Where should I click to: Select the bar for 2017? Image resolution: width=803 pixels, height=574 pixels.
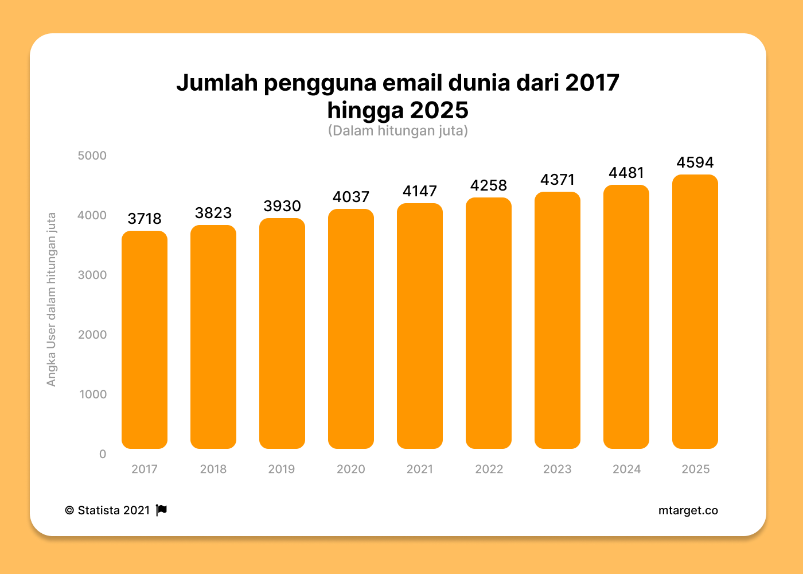[x=145, y=340]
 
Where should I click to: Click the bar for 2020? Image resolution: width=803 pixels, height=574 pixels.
[x=351, y=329]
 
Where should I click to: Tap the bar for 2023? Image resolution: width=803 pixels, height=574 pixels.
[x=558, y=320]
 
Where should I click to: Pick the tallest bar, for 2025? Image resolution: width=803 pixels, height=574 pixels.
[x=695, y=312]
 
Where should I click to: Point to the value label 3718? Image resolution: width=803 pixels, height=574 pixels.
[x=145, y=219]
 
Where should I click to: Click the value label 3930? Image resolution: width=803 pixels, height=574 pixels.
[x=282, y=206]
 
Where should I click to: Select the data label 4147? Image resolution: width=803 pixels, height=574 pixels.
[x=420, y=191]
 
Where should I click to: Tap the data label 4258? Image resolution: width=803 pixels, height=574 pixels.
[x=489, y=185]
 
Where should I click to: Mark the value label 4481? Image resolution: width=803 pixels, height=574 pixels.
[x=626, y=173]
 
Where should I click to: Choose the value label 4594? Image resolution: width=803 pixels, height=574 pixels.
[x=695, y=162]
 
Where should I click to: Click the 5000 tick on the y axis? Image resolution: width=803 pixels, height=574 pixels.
[x=92, y=156]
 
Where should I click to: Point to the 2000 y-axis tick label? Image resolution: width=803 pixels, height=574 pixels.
[x=92, y=335]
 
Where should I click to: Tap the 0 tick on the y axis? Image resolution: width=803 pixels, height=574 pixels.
[x=103, y=454]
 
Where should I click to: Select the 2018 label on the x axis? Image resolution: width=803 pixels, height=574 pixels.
[x=213, y=469]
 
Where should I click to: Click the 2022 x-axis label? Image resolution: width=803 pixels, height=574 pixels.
[x=489, y=469]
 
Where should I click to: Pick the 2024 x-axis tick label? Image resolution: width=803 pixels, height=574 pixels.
[x=626, y=469]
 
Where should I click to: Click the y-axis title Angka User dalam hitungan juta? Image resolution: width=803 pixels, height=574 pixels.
[x=52, y=299]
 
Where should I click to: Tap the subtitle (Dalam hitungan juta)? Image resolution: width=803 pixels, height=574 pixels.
[x=398, y=131]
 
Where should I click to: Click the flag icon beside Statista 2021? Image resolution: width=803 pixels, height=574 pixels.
[x=162, y=510]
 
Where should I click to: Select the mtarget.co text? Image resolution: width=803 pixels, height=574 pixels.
[x=688, y=510]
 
